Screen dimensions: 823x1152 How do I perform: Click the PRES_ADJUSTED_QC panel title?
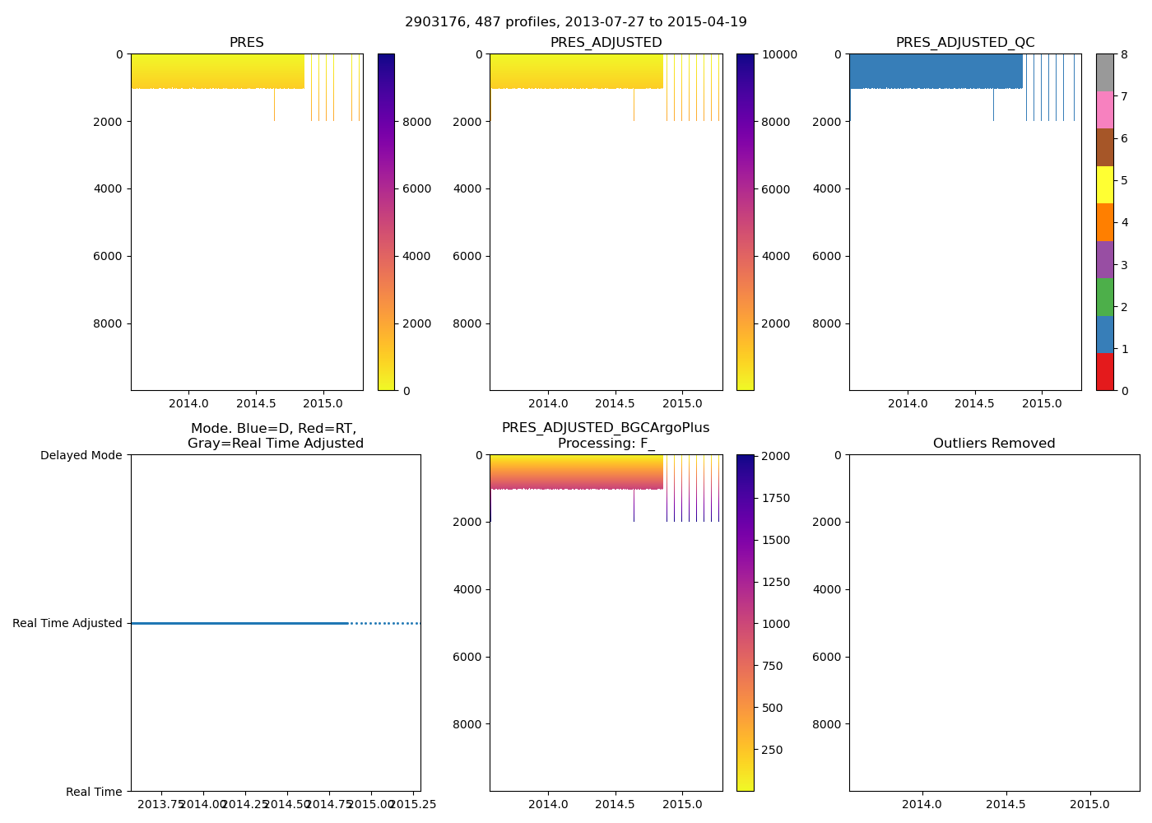[x=965, y=43]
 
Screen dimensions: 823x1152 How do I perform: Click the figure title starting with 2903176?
[x=576, y=22]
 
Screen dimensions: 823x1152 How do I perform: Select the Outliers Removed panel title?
[x=994, y=444]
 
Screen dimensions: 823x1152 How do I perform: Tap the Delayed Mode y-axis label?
[x=81, y=455]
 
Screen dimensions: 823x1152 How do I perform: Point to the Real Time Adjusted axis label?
[x=67, y=623]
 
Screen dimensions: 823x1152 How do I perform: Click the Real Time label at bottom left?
[x=94, y=792]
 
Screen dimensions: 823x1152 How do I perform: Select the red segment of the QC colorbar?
[x=1104, y=372]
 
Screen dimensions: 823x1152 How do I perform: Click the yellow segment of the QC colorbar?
[x=1104, y=185]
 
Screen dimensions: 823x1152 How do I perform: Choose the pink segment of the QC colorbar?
[x=1104, y=110]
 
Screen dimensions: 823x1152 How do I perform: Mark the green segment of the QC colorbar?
[x=1104, y=297]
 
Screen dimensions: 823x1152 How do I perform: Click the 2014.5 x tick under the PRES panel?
[x=256, y=403]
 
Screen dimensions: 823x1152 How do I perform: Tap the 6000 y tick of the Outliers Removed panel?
[x=827, y=657]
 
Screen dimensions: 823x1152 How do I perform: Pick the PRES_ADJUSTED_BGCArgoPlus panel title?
[x=606, y=435]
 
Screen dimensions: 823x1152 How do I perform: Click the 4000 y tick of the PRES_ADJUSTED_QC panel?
[x=827, y=188]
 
